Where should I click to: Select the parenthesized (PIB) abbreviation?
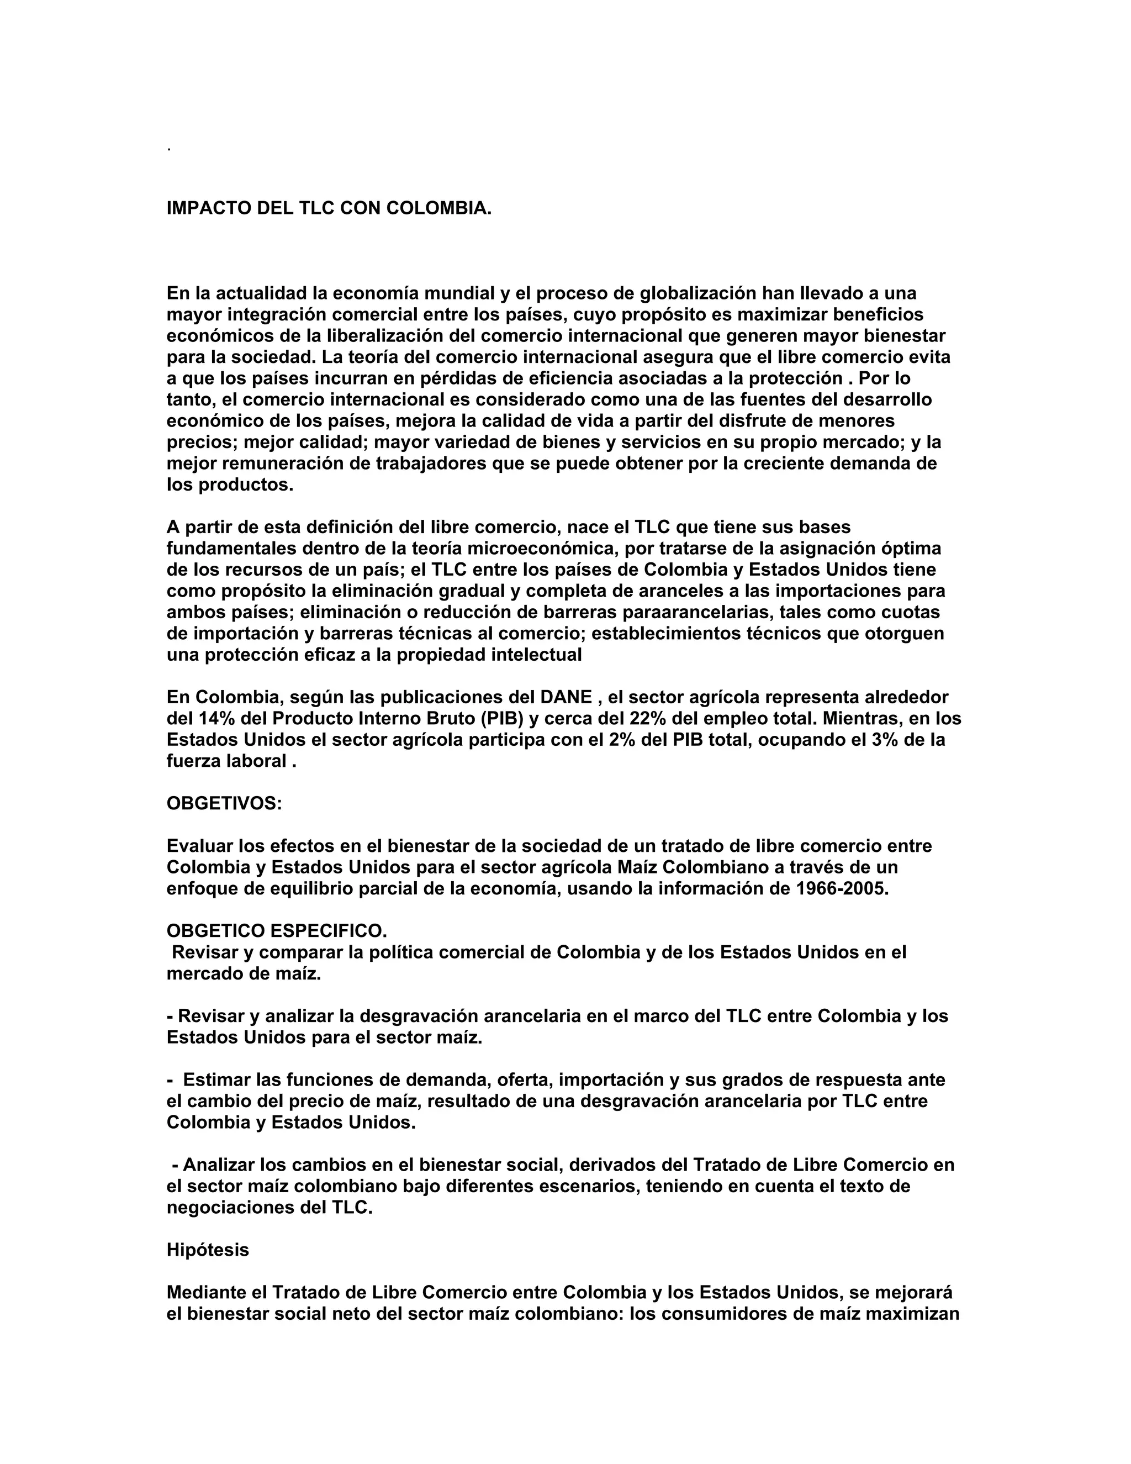click(502, 719)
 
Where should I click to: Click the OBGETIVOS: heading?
click(224, 804)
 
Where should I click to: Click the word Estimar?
click(216, 1080)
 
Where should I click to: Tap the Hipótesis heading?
click(208, 1250)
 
